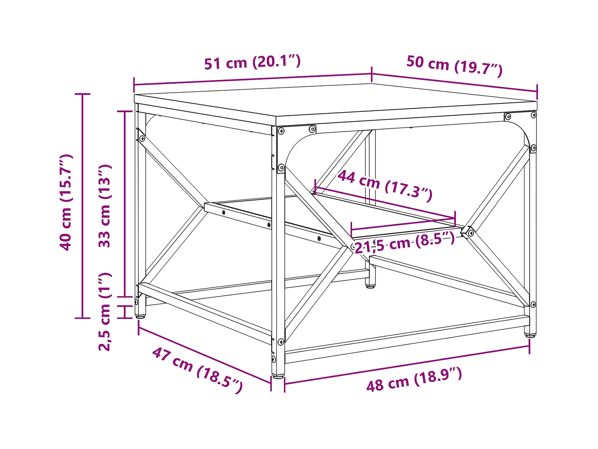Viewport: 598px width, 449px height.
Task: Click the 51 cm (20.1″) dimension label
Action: click(252, 62)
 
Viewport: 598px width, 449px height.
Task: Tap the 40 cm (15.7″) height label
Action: click(66, 203)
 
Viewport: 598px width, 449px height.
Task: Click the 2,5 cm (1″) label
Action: click(105, 312)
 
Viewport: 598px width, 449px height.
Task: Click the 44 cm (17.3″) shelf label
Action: click(385, 185)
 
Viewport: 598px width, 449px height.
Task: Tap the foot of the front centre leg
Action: click(278, 376)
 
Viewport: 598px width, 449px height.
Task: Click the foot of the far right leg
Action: click(530, 335)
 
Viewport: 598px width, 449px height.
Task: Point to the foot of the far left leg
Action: click(140, 317)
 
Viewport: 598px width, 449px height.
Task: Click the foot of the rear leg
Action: click(370, 286)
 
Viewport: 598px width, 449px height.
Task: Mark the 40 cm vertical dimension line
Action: click(82, 206)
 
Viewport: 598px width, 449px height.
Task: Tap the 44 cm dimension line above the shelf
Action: click(385, 203)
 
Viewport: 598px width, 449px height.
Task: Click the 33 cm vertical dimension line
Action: click(125, 203)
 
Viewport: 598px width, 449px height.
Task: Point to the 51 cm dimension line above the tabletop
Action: click(252, 79)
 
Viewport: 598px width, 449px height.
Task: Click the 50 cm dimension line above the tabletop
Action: click(454, 82)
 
